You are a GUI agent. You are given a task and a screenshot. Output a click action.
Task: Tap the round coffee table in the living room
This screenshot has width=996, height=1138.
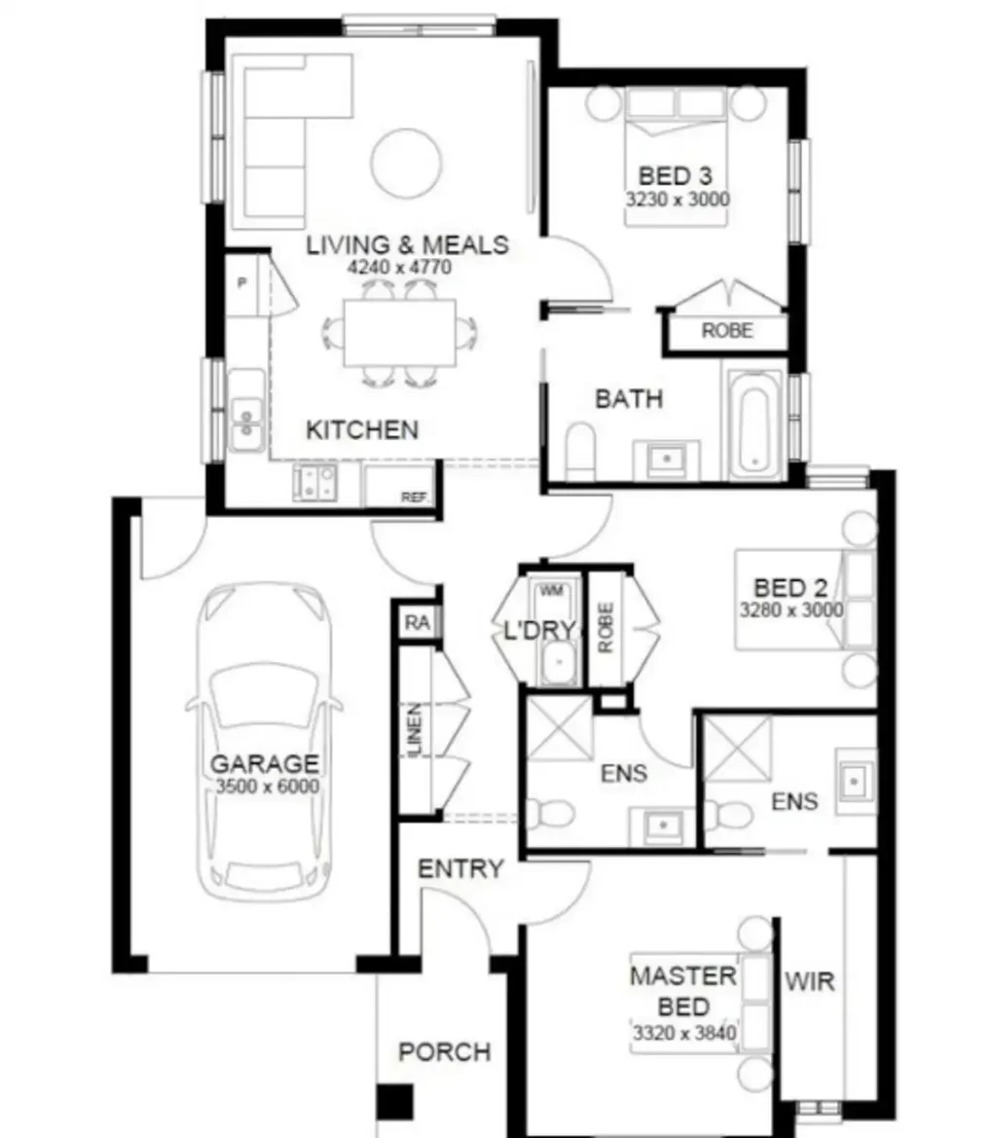(406, 164)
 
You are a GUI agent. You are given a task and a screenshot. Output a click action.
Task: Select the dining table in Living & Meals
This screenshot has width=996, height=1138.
(400, 332)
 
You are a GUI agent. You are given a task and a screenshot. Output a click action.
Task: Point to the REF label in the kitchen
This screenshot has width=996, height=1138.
(414, 497)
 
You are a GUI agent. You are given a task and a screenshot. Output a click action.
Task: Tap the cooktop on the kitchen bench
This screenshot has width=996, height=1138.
(315, 482)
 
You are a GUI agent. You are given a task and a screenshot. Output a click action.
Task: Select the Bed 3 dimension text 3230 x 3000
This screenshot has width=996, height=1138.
(678, 199)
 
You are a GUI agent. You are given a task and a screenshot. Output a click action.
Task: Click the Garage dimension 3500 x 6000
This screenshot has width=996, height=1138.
(268, 786)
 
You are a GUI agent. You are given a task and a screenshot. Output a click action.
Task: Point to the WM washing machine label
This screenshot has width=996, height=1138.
(552, 591)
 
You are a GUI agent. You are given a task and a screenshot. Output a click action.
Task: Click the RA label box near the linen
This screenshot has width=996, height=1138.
(418, 622)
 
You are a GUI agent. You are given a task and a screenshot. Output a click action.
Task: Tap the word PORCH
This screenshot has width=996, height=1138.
(445, 1051)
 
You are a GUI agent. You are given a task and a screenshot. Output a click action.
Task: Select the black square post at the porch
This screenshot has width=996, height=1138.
(395, 1102)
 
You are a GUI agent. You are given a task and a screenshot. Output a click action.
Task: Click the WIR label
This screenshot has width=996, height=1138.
(809, 982)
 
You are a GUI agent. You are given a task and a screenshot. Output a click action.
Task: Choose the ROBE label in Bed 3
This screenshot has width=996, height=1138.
(726, 331)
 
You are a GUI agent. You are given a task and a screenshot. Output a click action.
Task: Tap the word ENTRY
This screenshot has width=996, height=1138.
(461, 868)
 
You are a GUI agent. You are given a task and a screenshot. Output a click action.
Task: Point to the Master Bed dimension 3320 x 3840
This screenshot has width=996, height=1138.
(684, 1033)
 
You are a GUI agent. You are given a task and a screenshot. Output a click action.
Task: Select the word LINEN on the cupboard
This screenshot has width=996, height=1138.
(415, 730)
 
